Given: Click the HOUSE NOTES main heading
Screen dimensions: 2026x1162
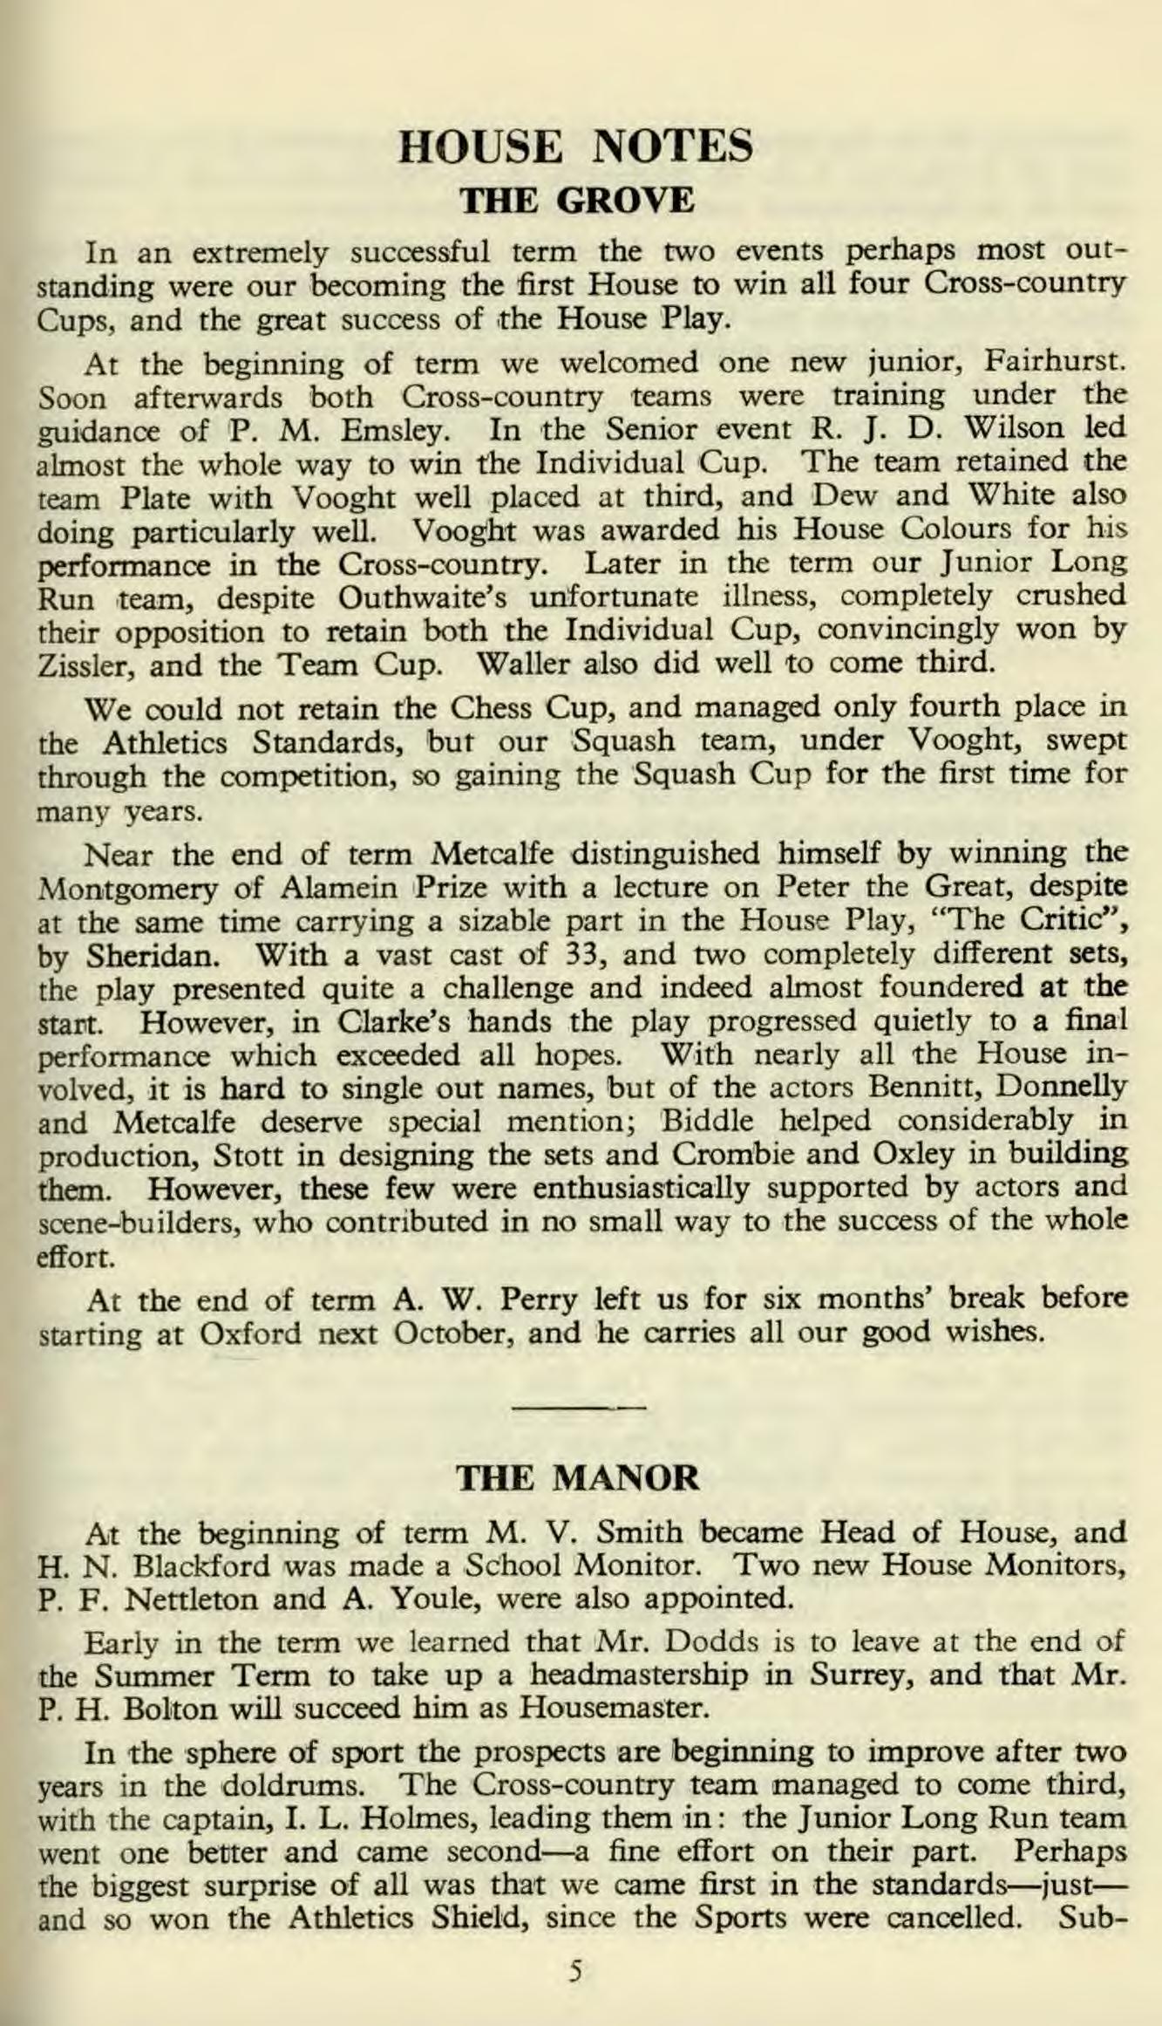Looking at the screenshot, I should coord(575,146).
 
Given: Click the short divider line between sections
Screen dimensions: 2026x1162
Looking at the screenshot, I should coord(579,1407).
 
